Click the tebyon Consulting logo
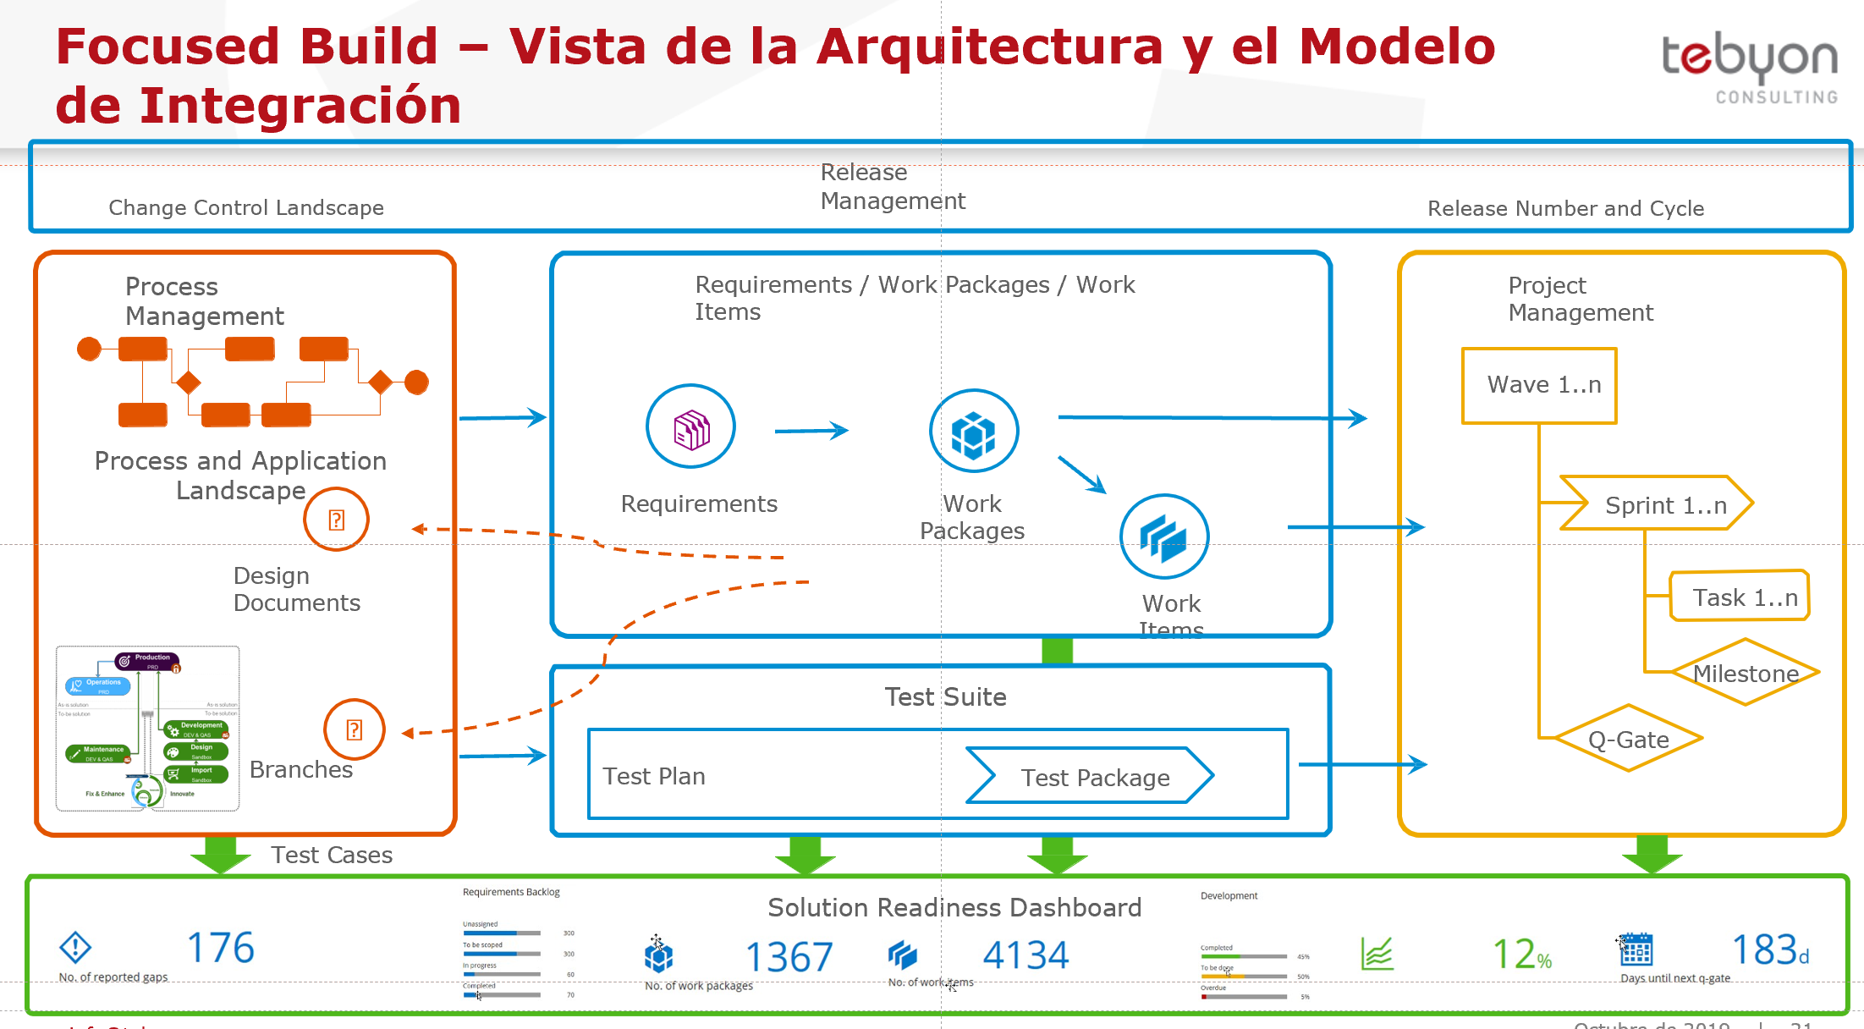click(1749, 68)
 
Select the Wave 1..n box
click(1539, 385)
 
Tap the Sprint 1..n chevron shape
click(1657, 504)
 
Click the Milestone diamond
click(1745, 673)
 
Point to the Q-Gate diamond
click(1628, 739)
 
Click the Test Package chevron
click(1091, 776)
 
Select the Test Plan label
click(654, 776)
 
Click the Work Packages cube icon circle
click(973, 432)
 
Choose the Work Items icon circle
click(1164, 537)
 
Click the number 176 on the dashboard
click(220, 948)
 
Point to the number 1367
click(789, 957)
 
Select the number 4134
click(1025, 955)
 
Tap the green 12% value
click(1521, 954)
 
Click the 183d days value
click(1770, 950)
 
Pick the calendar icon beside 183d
click(1636, 949)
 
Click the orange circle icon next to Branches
click(354, 729)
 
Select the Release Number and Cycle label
click(1565, 208)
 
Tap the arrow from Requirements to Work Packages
click(811, 431)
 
